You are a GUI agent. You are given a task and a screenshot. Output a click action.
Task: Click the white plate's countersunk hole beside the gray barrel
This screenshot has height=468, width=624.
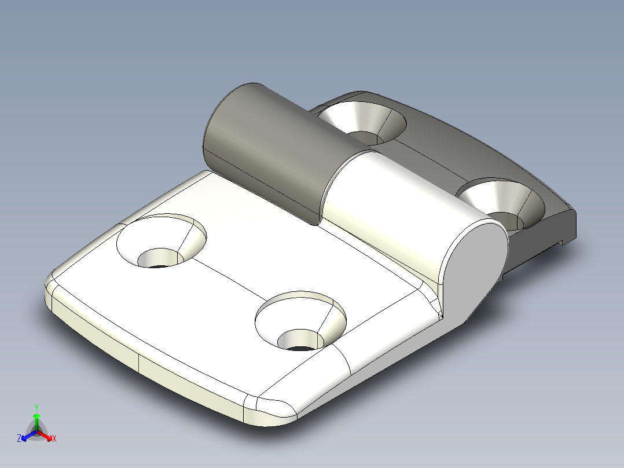[x=162, y=240]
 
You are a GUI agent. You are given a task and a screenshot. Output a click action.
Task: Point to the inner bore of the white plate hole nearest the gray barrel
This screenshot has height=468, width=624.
[x=159, y=258]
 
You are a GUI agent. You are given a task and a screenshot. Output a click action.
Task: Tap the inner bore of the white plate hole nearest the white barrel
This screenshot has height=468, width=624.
[x=299, y=339]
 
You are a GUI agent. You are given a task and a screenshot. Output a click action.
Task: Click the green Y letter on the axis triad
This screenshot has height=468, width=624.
[x=36, y=407]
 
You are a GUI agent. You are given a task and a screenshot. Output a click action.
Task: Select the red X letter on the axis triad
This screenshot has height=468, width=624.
[x=54, y=438]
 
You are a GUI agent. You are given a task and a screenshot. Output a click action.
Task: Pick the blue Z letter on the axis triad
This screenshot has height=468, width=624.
[x=19, y=438]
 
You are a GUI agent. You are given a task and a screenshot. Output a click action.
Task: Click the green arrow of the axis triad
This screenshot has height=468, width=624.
[x=36, y=420]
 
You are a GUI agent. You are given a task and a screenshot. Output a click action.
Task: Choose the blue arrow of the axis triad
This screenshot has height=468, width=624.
[x=27, y=436]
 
